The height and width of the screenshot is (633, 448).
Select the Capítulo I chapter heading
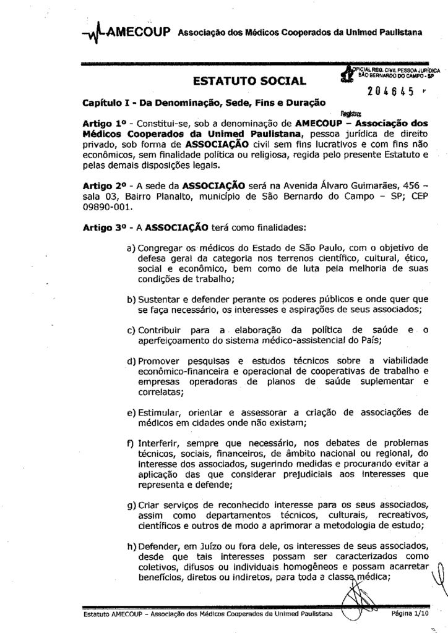[x=204, y=101]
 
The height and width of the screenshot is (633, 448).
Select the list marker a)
[x=131, y=247]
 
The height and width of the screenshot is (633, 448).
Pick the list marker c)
[x=131, y=329]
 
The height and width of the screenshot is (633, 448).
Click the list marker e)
[x=131, y=412]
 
